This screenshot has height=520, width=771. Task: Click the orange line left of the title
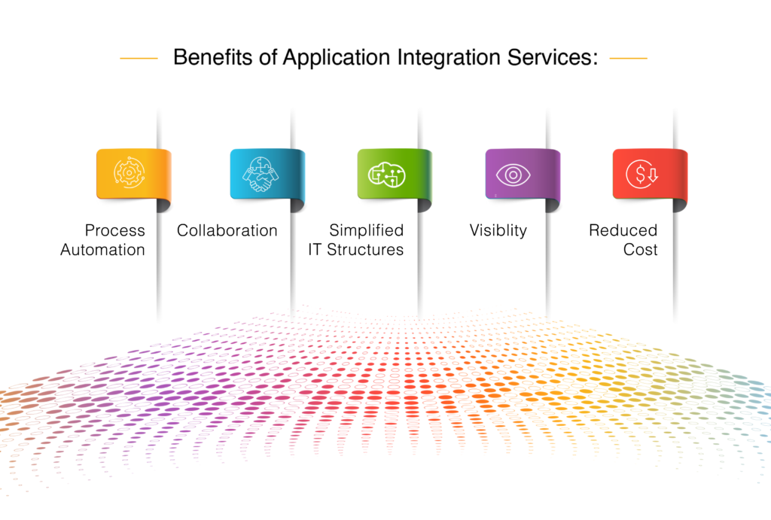pos(139,58)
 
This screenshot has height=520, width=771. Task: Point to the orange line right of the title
pos(628,58)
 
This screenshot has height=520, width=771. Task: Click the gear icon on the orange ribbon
pos(128,174)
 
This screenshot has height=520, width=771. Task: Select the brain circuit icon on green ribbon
pos(386,174)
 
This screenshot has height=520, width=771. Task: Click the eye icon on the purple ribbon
pos(513,174)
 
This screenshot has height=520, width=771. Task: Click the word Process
pos(114,230)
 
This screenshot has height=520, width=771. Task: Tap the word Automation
pos(102,250)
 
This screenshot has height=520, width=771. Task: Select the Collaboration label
pos(227,230)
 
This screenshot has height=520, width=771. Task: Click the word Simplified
pos(367,230)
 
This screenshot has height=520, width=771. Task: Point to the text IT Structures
pos(355,250)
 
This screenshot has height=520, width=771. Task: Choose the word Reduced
pos(623,230)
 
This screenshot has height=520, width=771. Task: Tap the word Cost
pos(640,250)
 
